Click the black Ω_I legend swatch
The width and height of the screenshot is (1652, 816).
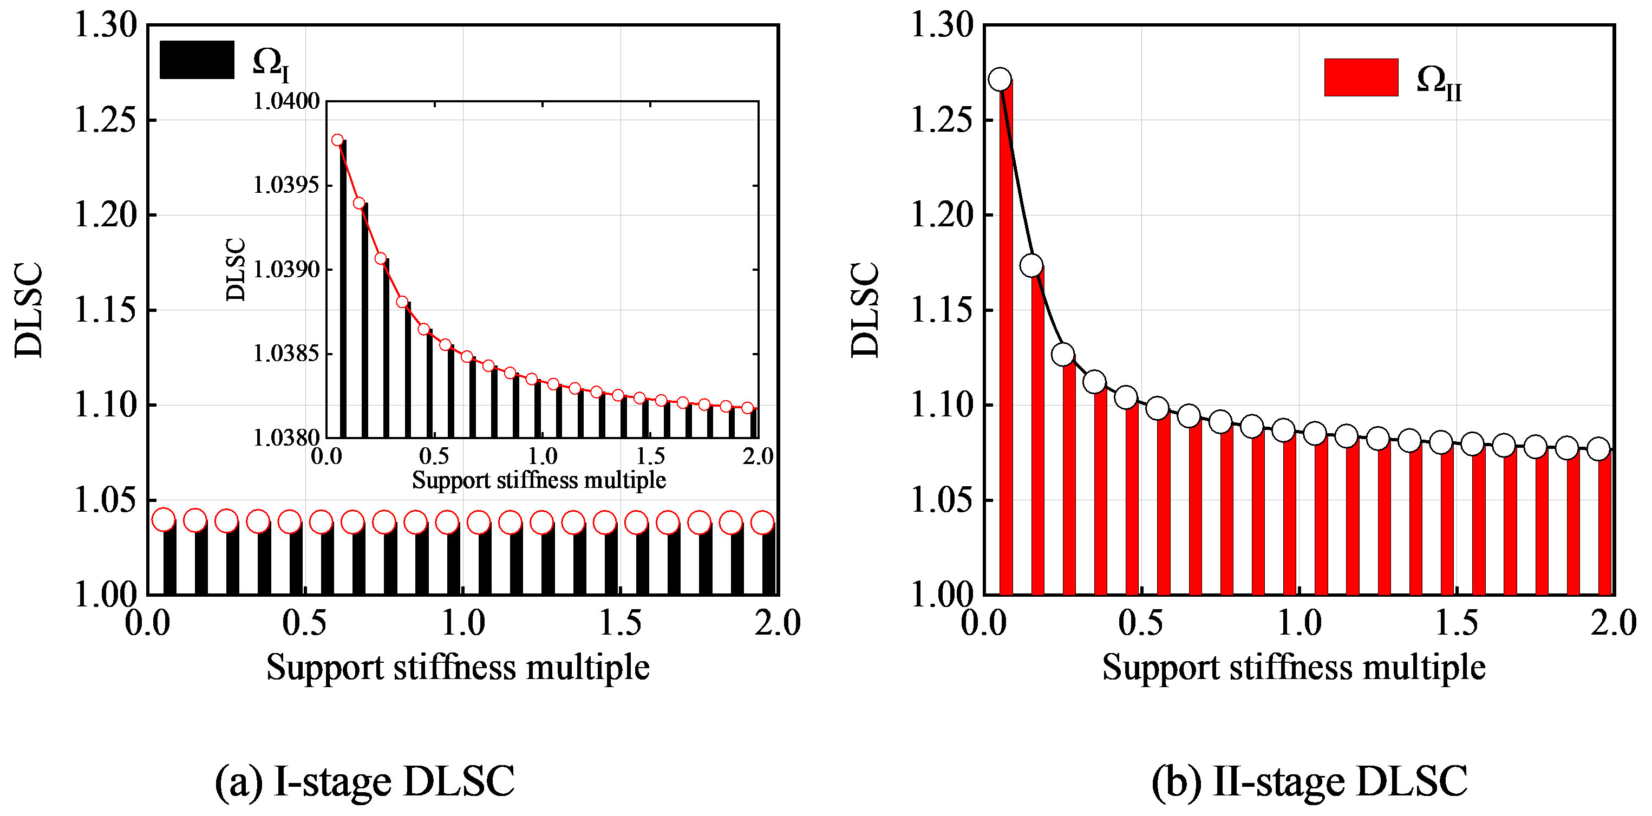[x=197, y=60]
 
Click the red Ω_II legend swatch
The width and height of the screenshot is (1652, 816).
[x=1361, y=77]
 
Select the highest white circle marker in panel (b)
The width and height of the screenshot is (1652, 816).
[x=1000, y=80]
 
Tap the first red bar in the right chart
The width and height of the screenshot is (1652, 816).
[x=1006, y=340]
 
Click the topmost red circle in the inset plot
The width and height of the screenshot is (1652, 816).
[x=337, y=140]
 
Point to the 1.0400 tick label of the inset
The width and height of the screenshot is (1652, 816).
[x=286, y=101]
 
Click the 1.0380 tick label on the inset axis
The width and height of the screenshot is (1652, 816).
[x=286, y=438]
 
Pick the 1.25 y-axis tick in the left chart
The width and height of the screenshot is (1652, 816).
[x=106, y=120]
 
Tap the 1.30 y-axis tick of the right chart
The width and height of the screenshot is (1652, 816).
[x=942, y=25]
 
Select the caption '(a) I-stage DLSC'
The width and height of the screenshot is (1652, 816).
[x=365, y=781]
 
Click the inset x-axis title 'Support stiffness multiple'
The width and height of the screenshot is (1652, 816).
[x=539, y=480]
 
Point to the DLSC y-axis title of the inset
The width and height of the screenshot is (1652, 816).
[x=236, y=270]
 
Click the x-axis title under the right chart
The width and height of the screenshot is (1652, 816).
[x=1294, y=667]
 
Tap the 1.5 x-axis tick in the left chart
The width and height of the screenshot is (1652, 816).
[x=620, y=623]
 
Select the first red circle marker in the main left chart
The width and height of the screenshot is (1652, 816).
[x=164, y=520]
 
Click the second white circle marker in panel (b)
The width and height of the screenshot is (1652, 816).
[x=1031, y=265]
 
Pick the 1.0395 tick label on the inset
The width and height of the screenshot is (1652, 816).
[x=286, y=185]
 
